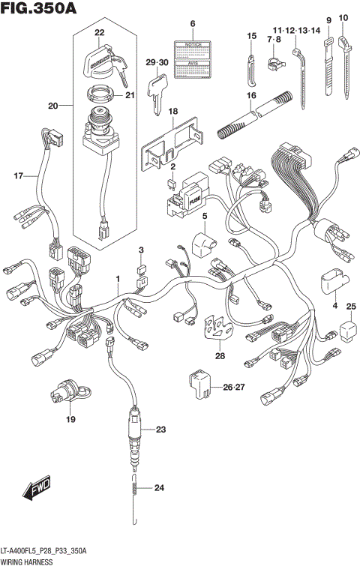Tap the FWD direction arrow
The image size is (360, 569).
coord(35,491)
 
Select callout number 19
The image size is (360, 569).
coord(70,419)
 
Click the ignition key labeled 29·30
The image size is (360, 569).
coord(158,94)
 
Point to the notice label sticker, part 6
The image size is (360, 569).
coord(192,58)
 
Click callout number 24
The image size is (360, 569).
coord(158,488)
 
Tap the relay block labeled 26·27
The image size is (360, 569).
coord(198,386)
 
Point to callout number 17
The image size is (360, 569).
coord(19,176)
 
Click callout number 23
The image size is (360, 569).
coord(160,430)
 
